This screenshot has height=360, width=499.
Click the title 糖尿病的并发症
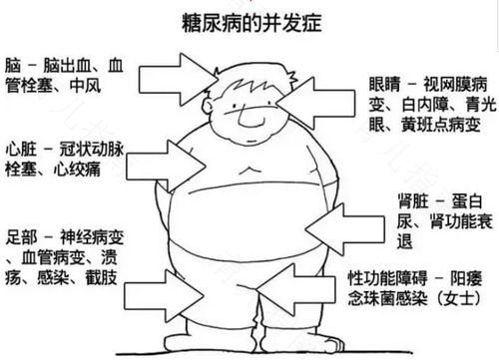[249, 20]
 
